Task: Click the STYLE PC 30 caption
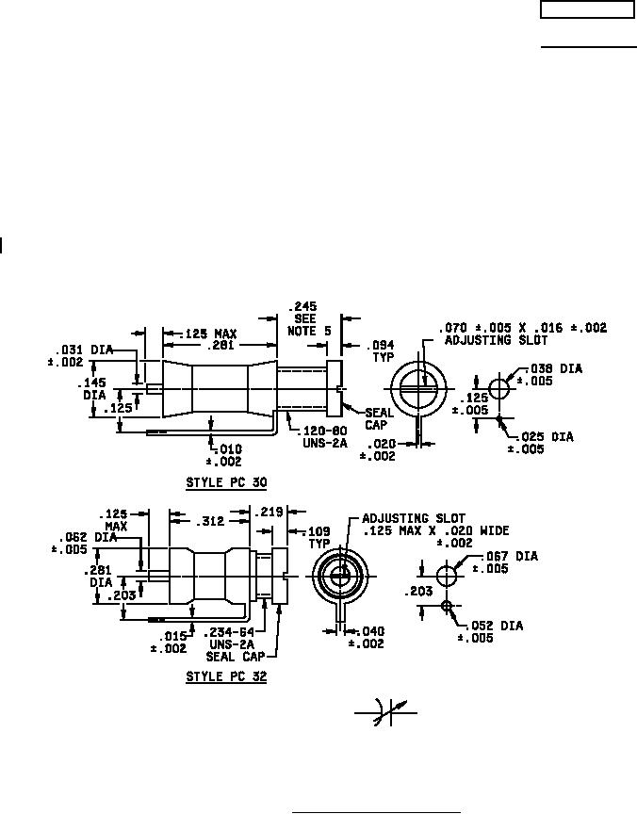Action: coord(226,482)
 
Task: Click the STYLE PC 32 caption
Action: coord(226,676)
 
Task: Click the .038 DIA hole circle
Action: coord(499,388)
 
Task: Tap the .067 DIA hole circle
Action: coord(447,573)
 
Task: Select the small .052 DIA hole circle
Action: coord(447,606)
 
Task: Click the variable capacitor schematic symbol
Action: coord(384,713)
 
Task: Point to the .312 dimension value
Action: coord(207,520)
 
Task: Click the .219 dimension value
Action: coord(269,512)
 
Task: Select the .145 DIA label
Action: coord(93,390)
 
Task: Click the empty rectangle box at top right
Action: coord(587,9)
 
